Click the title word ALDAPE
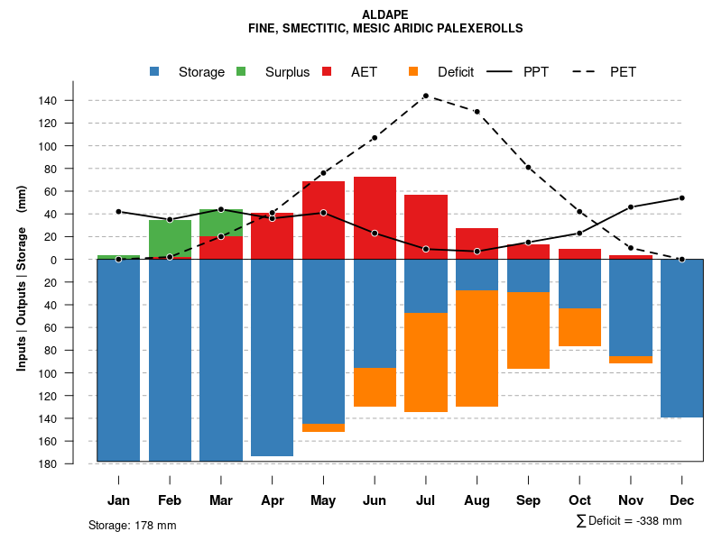385,14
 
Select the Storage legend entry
200,72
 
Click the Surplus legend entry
287,72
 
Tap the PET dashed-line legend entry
623,72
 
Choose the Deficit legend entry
455,72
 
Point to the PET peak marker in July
425,96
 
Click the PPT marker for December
681,197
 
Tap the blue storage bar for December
681,338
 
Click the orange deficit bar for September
528,330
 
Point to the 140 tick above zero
73,100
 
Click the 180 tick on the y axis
73,463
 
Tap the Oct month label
579,500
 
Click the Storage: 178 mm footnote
132,525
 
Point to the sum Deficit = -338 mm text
628,520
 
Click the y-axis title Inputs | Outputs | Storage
22,277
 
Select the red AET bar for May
323,220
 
